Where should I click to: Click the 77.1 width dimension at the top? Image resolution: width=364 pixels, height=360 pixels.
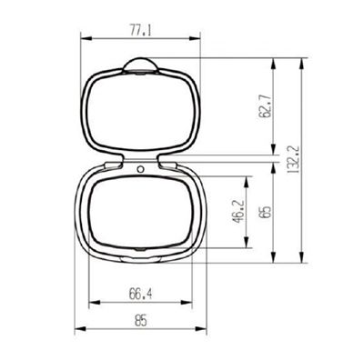140,30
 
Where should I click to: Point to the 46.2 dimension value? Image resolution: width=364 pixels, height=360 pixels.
238,211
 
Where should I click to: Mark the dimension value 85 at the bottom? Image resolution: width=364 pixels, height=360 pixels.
140,320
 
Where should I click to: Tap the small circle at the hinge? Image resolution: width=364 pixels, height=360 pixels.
140,168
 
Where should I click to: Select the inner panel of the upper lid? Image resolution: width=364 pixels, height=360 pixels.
140,109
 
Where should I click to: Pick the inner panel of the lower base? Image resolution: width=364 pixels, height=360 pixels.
140,211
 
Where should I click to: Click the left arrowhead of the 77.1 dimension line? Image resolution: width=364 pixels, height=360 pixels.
85,38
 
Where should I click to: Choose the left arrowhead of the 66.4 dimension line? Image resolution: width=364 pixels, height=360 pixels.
89,303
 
